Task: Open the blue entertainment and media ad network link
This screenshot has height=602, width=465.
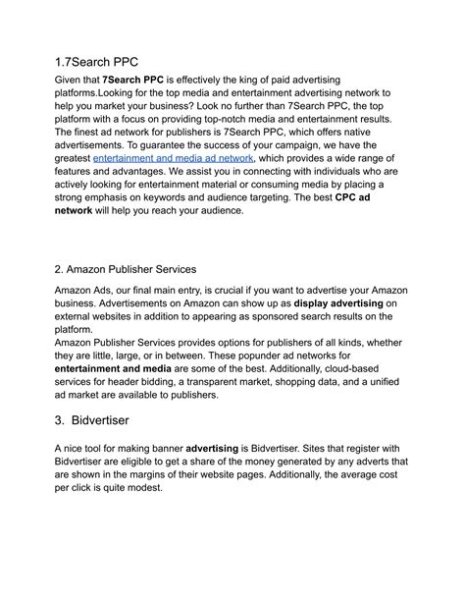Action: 174,158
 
